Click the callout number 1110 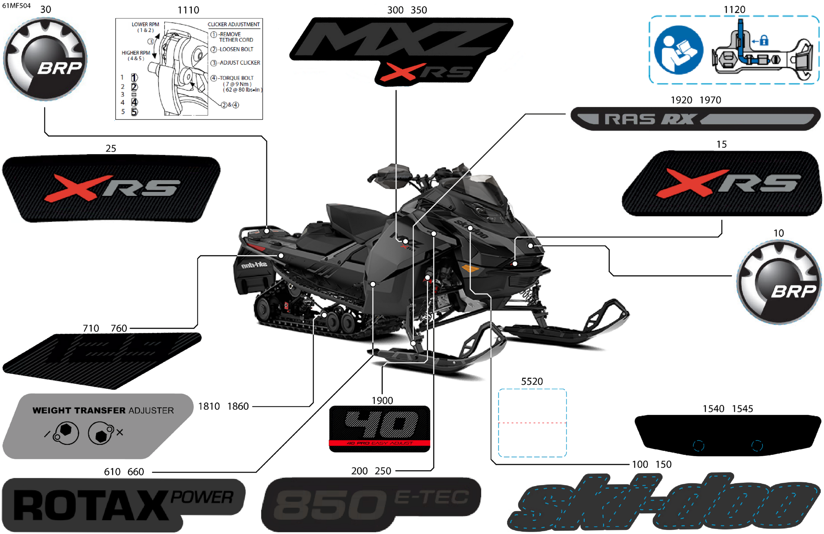[x=188, y=10]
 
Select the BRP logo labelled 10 [x=779, y=282]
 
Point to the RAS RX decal [x=695, y=119]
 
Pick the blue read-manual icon [x=678, y=50]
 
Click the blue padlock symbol [x=764, y=41]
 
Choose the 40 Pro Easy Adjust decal [x=379, y=428]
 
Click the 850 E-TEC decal [x=371, y=504]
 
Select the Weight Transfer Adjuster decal [x=98, y=426]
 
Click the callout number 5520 [x=532, y=381]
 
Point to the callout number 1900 [x=382, y=401]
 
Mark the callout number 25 [x=111, y=149]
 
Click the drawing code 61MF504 [x=16, y=6]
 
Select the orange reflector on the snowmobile [x=470, y=268]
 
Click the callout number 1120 [x=734, y=10]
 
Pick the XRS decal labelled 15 [x=722, y=183]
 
